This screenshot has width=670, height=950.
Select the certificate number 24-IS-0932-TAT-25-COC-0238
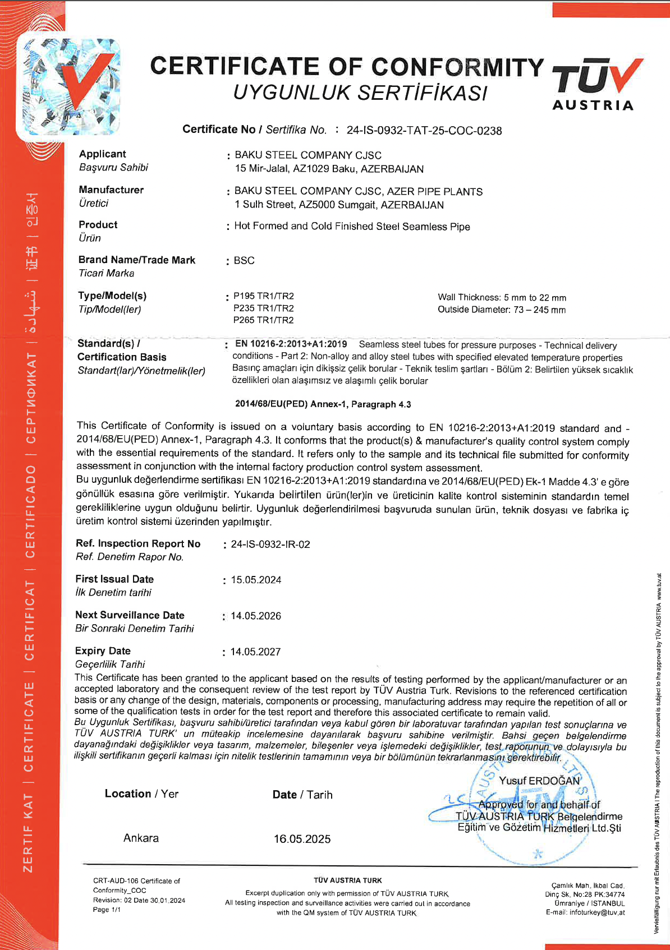(424, 131)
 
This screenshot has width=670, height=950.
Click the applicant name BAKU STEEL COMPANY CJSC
(308, 155)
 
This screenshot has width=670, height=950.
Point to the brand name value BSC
(244, 261)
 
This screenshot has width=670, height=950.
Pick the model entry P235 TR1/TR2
(263, 308)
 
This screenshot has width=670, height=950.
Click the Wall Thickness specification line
(502, 297)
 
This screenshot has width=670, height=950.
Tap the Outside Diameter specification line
(502, 310)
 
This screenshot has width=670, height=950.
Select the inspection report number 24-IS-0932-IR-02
(270, 544)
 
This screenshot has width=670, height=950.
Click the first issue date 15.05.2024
(256, 580)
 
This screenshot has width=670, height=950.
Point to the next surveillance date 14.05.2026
(256, 616)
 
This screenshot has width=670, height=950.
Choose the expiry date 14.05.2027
(255, 652)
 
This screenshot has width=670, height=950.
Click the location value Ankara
(141, 838)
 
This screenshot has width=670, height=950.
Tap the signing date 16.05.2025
(302, 839)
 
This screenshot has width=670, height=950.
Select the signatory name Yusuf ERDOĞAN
(539, 781)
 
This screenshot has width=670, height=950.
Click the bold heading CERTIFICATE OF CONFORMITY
(347, 67)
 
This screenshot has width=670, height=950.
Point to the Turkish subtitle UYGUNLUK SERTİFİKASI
(360, 93)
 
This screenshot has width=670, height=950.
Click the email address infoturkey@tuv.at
(596, 912)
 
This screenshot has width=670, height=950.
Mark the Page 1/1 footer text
(107, 910)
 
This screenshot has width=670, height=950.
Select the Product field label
(98, 225)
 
